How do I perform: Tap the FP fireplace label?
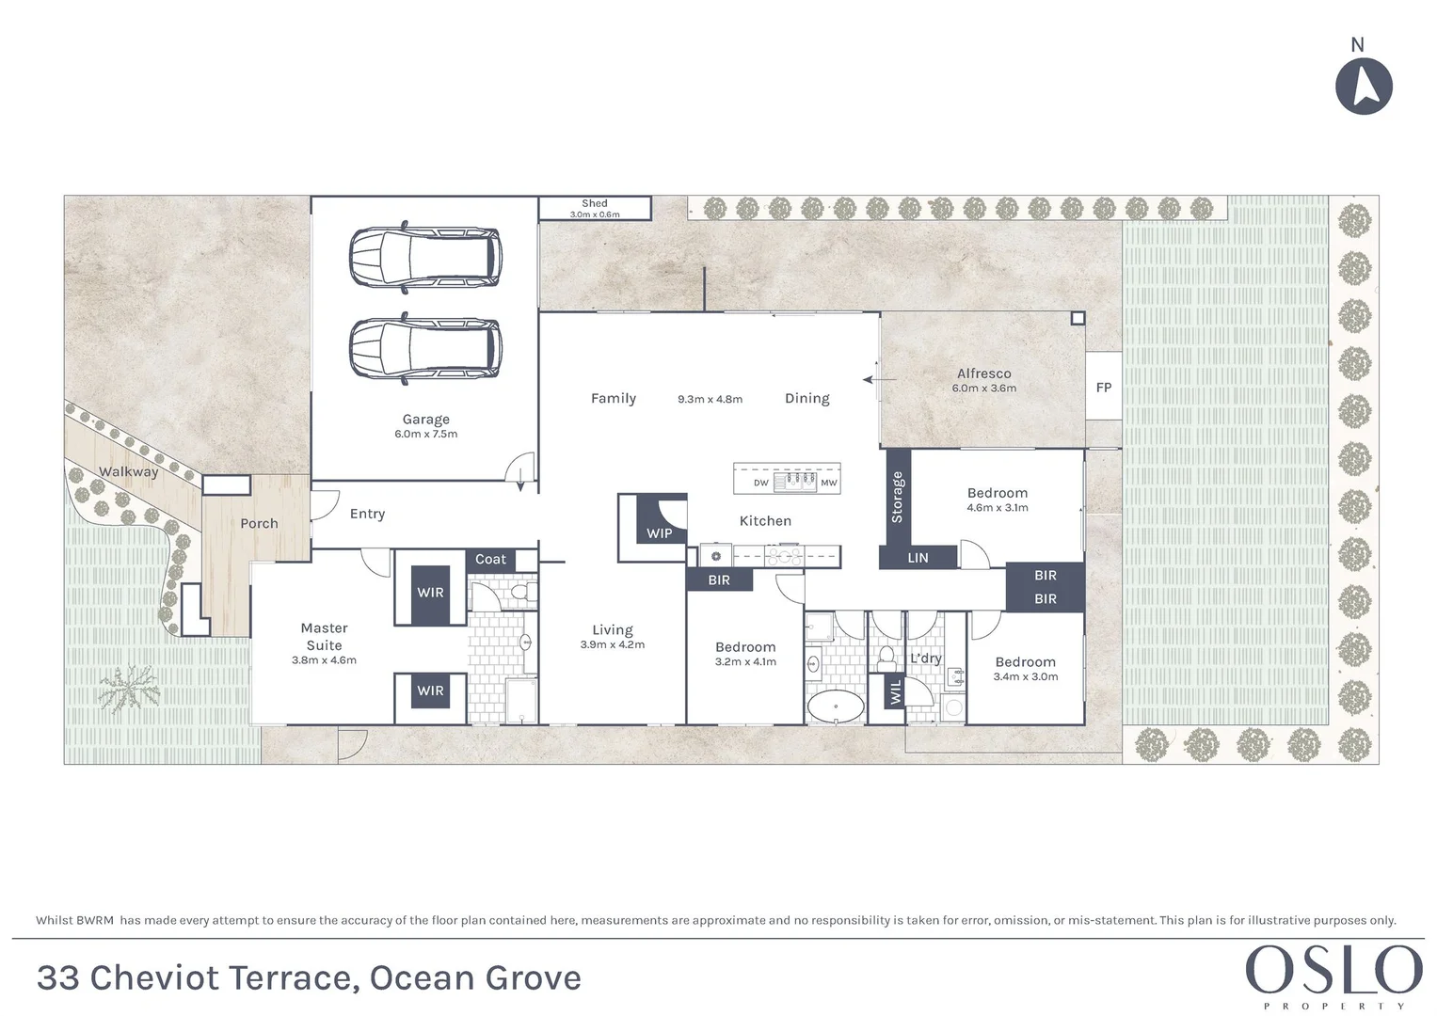1104,388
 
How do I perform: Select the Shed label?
594,203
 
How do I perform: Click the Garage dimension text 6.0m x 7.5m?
426,435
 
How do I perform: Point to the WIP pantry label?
660,533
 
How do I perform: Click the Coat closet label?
490,560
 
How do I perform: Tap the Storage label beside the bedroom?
897,497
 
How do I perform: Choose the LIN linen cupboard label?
918,558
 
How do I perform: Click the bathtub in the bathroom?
836,706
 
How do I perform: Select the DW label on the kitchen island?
760,483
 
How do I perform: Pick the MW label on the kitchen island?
829,483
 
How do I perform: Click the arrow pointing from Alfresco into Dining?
880,380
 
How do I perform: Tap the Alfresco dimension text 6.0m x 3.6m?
984,388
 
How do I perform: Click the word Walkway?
128,471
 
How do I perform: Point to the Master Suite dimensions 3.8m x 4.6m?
324,660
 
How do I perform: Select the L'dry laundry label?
926,659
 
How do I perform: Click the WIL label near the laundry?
896,692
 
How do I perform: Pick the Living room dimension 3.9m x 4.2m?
613,644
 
